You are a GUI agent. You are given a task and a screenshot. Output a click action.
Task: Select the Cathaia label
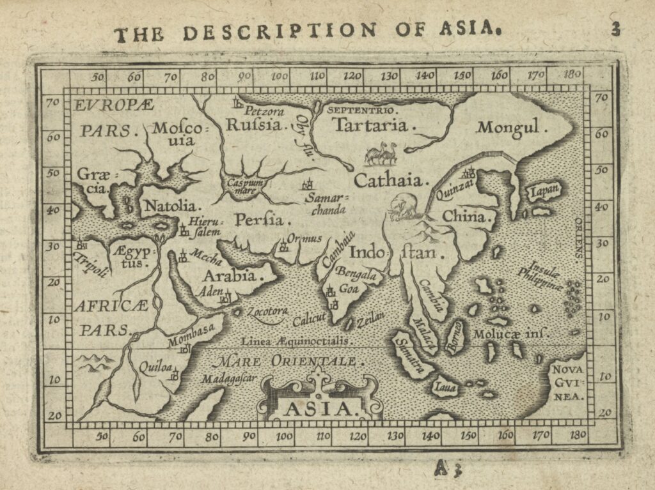coord(389,180)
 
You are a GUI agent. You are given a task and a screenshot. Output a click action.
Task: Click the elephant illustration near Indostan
coord(404,207)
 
